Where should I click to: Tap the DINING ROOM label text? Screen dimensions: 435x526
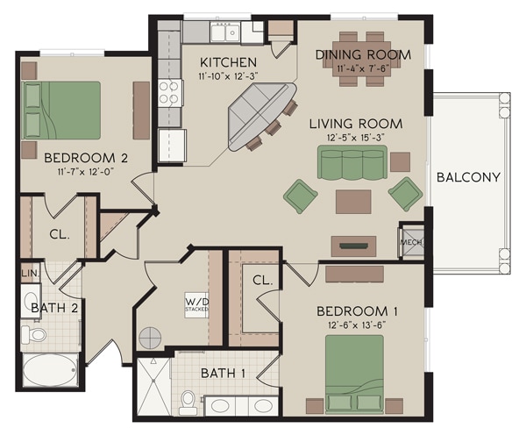(x=363, y=54)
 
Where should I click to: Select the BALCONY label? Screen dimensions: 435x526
(x=467, y=177)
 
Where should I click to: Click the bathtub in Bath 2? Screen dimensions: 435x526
(x=50, y=370)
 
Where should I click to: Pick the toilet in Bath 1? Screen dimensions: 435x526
(x=188, y=403)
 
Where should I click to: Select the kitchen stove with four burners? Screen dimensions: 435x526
(x=168, y=93)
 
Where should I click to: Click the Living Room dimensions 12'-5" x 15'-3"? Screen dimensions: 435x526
(x=355, y=138)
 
